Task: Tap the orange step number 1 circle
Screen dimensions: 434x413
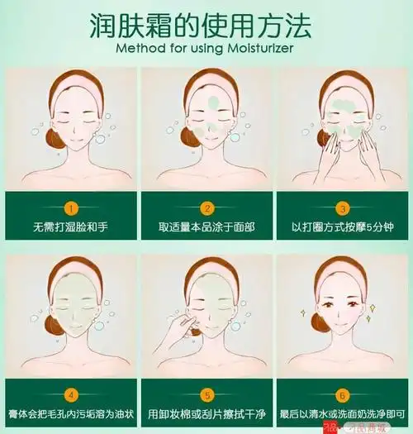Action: pos(72,207)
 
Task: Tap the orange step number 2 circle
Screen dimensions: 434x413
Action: pos(207,207)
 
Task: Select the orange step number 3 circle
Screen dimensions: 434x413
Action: pos(341,207)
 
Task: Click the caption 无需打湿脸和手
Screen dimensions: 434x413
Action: pos(72,225)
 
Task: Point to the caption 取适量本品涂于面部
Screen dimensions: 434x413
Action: pos(207,225)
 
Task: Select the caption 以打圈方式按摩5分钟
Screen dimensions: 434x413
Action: pos(341,225)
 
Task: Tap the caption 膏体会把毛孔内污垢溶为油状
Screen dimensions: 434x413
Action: pos(72,412)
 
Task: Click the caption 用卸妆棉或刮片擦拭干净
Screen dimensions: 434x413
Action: pos(207,412)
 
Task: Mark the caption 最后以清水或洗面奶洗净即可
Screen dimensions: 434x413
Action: pos(341,412)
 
